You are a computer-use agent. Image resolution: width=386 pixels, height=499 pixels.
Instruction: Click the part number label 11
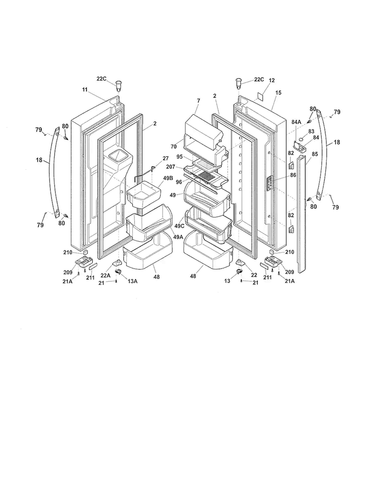[x=85, y=90]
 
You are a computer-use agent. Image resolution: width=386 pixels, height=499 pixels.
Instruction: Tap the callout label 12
[x=272, y=81]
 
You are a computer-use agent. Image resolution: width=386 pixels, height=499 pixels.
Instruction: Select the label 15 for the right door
[x=278, y=93]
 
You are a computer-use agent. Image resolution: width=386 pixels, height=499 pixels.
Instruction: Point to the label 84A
[x=296, y=122]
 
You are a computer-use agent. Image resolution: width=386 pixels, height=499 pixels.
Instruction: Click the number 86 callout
[x=293, y=175]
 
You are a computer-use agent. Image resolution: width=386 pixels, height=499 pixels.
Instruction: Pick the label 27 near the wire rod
[x=166, y=158]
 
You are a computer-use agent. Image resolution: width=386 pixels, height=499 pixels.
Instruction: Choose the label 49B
[x=168, y=178]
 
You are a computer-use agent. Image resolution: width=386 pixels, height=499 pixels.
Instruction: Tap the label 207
[x=170, y=167]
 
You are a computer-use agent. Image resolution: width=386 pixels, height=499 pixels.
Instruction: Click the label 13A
[x=132, y=281]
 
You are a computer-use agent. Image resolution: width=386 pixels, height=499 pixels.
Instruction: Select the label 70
[x=173, y=147]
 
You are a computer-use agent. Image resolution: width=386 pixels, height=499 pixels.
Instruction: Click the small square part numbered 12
[x=261, y=96]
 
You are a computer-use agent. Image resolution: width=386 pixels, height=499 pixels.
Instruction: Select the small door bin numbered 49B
[x=144, y=195]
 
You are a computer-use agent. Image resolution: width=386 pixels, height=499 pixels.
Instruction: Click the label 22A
[x=106, y=276]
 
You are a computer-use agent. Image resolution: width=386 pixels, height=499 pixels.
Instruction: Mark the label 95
[x=180, y=157]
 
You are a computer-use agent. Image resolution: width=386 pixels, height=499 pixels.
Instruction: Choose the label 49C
[x=179, y=226]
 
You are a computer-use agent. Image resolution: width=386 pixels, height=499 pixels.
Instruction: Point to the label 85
[x=314, y=154]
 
